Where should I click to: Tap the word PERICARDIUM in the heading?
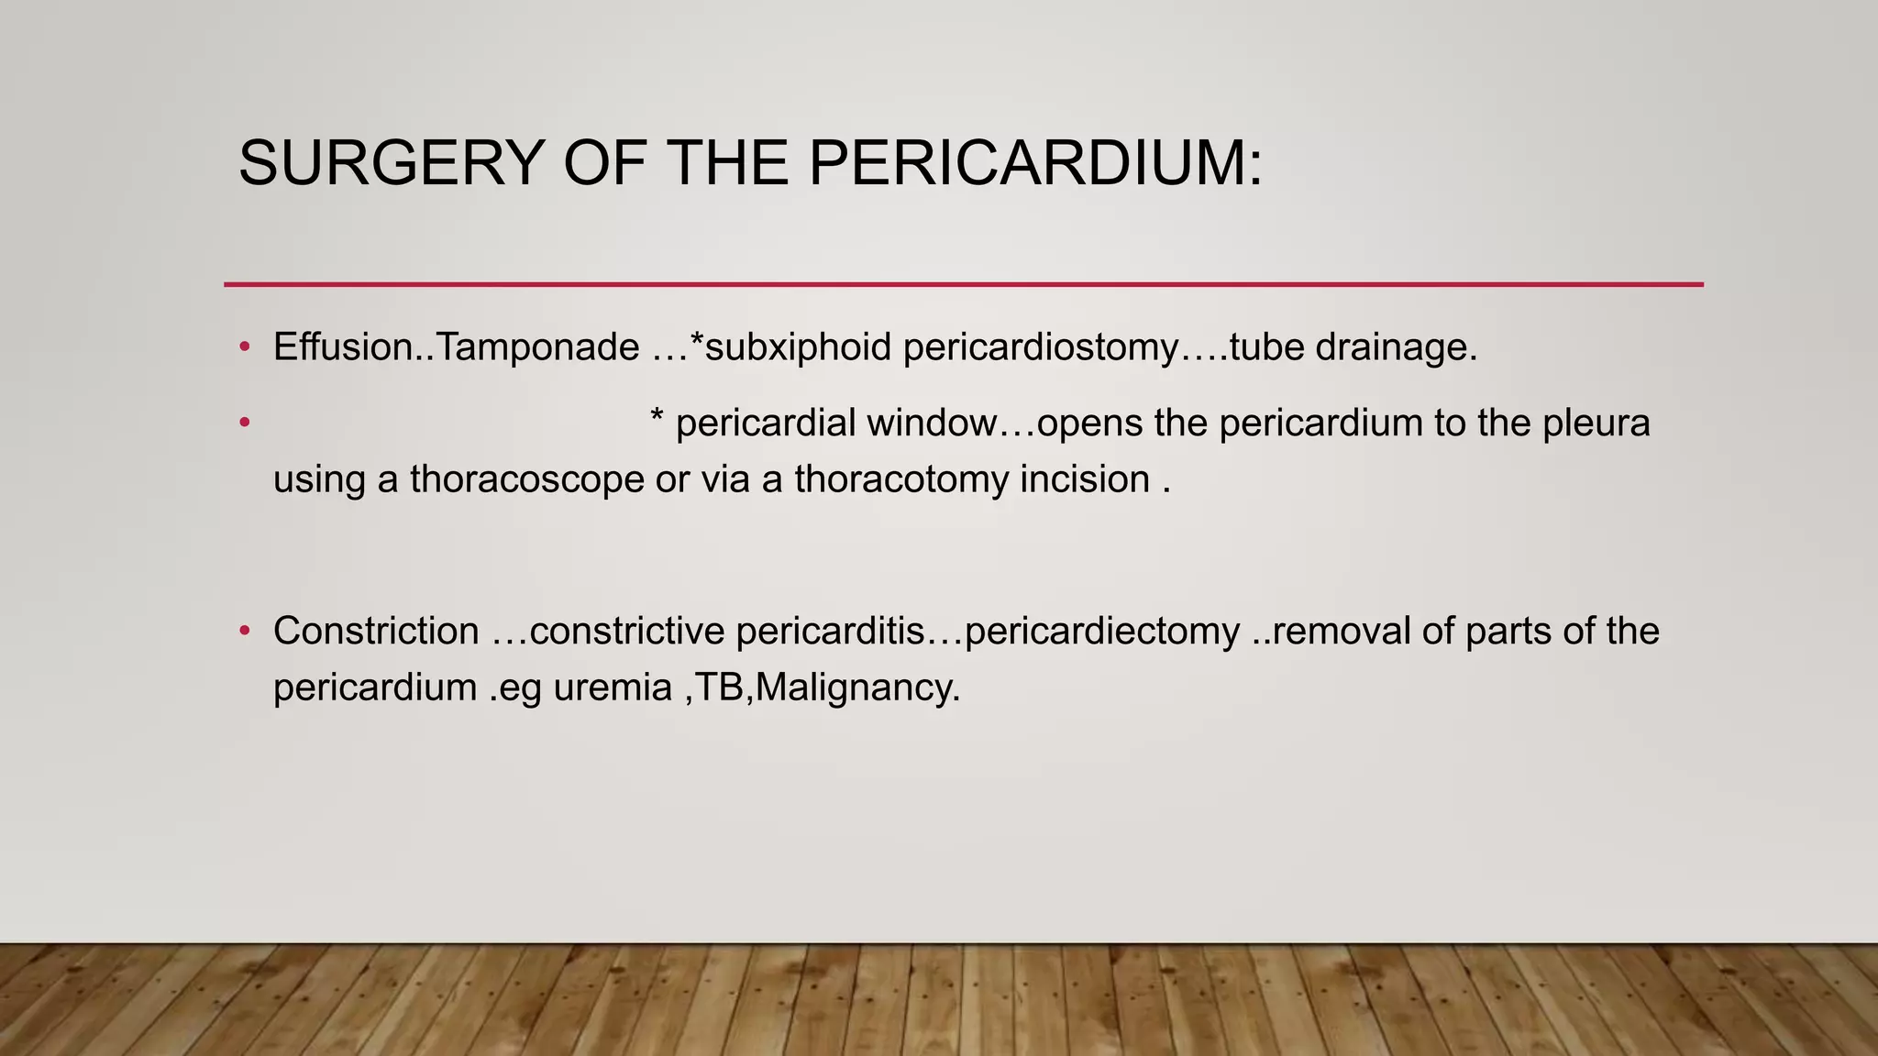coord(1035,163)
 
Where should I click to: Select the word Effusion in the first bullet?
coord(344,347)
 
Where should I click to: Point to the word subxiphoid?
coord(798,347)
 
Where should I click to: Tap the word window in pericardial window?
coord(932,423)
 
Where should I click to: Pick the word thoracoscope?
coord(527,479)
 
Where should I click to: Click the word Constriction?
coord(376,632)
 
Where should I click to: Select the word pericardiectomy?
coord(1102,632)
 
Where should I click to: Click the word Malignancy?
coord(857,687)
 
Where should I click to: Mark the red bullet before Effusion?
coord(244,347)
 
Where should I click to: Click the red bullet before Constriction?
coord(244,632)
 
